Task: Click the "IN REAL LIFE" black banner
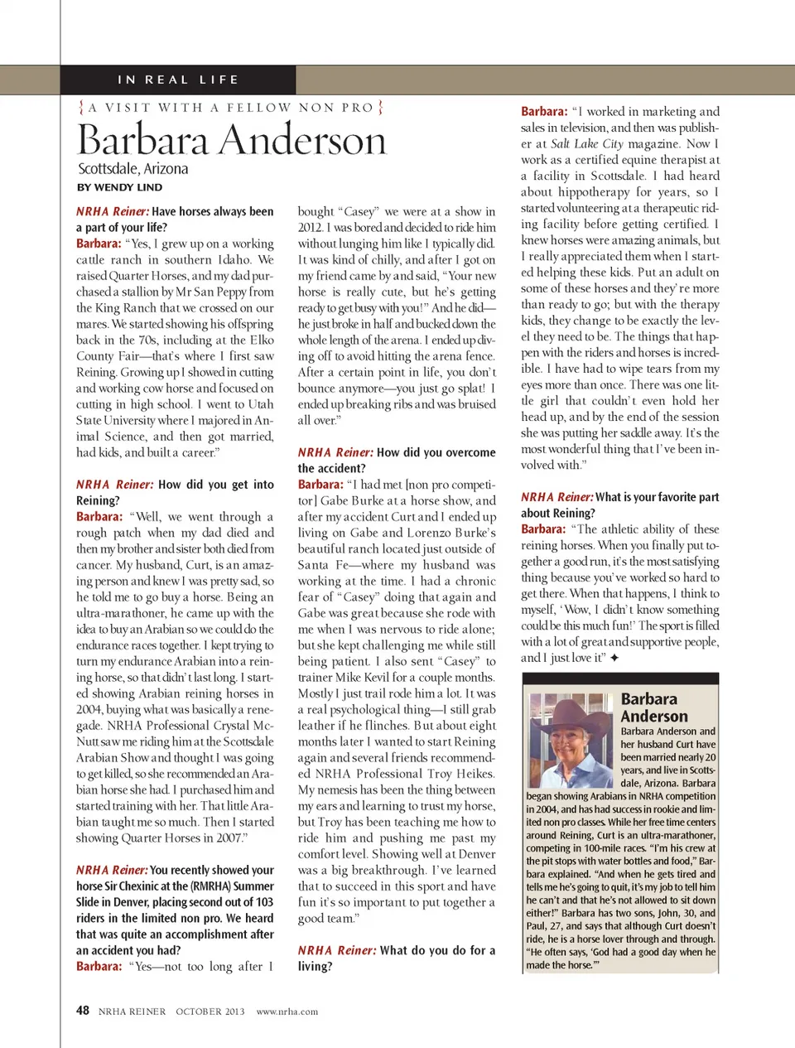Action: tap(178, 80)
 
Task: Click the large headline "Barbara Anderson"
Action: tap(232, 139)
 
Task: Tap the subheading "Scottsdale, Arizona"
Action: tap(133, 169)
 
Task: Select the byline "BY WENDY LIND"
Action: tap(119, 187)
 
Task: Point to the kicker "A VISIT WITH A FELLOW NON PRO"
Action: tap(231, 108)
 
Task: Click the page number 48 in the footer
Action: tap(83, 1010)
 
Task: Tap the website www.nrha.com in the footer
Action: tap(287, 1012)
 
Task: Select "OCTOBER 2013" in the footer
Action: tap(210, 1012)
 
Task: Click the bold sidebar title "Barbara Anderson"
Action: tap(654, 708)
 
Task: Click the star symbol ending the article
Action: tap(614, 658)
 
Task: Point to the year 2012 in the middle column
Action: tap(310, 227)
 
